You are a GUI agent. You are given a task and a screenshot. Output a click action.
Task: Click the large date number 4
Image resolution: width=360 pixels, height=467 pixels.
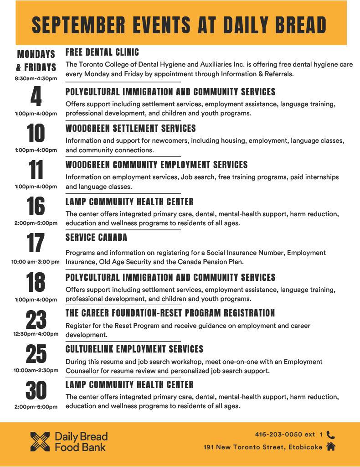(36, 96)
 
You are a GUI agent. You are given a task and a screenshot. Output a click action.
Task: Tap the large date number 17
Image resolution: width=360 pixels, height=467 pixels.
(36, 243)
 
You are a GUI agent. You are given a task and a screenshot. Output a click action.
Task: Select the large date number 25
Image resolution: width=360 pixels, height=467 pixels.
(36, 353)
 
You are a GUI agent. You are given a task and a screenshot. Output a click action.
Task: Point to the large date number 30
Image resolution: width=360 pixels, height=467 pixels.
(36, 391)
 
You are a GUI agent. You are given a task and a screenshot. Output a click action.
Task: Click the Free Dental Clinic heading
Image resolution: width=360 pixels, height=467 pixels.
(102, 52)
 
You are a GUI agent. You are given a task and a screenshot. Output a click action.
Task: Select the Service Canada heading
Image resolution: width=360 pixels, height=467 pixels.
(96, 237)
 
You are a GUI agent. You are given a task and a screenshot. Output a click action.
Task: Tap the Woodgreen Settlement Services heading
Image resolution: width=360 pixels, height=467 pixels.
(131, 128)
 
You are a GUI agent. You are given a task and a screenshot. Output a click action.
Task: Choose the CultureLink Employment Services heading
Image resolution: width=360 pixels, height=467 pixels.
(134, 349)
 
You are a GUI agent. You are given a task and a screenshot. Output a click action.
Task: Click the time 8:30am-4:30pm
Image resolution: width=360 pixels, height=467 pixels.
(36, 78)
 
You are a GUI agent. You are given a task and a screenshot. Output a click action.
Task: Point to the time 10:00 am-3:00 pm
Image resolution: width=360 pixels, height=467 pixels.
(36, 262)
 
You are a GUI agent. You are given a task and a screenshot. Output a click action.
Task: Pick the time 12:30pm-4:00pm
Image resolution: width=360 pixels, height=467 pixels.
(36, 334)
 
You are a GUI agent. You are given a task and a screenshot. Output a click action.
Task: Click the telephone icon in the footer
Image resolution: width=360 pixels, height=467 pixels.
(331, 435)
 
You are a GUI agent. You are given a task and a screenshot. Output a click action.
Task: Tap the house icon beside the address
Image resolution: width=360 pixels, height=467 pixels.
(331, 447)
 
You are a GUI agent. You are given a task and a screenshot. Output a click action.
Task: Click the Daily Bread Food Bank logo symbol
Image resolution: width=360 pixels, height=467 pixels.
(40, 441)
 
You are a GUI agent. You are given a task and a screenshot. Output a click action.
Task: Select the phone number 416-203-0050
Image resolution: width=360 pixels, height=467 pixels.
(278, 435)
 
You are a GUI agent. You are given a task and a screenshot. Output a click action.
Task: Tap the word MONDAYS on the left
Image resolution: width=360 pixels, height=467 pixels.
(36, 54)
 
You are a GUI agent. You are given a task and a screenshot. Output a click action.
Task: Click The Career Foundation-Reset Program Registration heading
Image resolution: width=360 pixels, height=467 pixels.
(170, 313)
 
